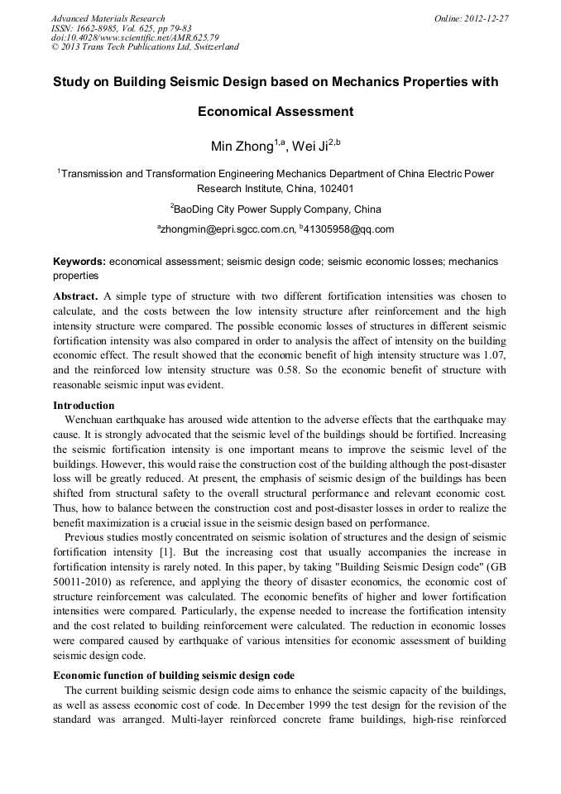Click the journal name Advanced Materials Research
(108, 17)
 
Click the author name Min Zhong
(242, 147)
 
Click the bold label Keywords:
(79, 262)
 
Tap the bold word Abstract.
(75, 296)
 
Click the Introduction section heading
(84, 406)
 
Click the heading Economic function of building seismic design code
(174, 676)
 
